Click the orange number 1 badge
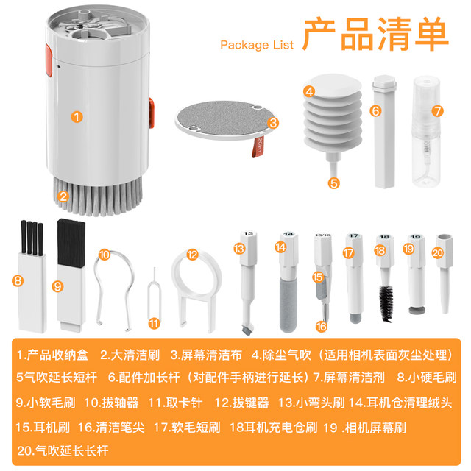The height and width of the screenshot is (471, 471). [77, 116]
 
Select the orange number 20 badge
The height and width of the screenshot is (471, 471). [439, 252]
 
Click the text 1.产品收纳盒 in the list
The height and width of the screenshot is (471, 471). [52, 355]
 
